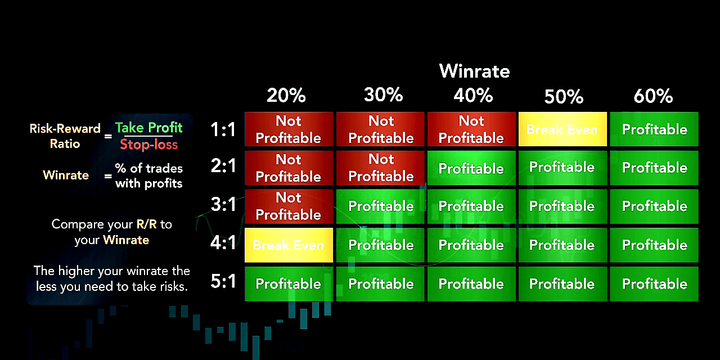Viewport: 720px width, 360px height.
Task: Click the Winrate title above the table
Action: point(474,71)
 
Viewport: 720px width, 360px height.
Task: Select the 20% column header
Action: point(286,95)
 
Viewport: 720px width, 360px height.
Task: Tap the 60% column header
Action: point(653,96)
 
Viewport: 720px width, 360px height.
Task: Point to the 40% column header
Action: point(473,95)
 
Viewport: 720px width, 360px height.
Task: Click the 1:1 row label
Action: point(223,129)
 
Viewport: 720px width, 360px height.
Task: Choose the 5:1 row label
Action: point(223,281)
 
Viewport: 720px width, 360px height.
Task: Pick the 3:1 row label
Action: point(223,204)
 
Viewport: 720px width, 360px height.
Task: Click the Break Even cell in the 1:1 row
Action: point(562,129)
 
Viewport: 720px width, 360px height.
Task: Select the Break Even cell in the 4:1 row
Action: point(289,245)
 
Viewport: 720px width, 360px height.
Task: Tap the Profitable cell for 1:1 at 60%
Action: point(654,129)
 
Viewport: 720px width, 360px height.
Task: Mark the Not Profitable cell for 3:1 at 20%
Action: point(289,206)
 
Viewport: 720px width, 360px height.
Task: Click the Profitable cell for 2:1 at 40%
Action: point(471,168)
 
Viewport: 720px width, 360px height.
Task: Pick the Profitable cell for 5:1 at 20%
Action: point(289,284)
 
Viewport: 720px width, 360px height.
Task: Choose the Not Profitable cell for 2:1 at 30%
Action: point(380,168)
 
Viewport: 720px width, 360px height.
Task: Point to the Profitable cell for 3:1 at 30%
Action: point(380,206)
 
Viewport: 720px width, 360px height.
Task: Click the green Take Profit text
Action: point(149,128)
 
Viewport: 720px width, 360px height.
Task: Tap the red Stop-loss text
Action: point(149,145)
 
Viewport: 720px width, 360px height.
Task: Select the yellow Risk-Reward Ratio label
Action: point(65,136)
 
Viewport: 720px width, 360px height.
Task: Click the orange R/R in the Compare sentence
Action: point(147,224)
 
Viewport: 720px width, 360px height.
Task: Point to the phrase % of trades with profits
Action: point(149,176)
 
